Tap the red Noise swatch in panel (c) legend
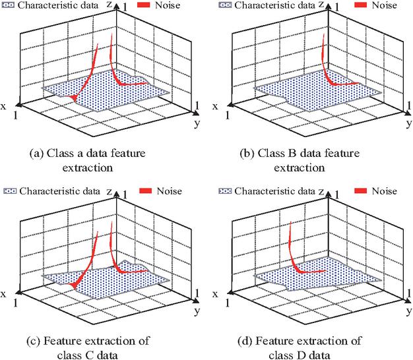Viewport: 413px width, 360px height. click(x=145, y=191)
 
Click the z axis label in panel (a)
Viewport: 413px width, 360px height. click(x=107, y=5)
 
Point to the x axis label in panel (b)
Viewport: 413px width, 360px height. click(x=215, y=105)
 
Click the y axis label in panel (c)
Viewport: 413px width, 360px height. click(x=197, y=309)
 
